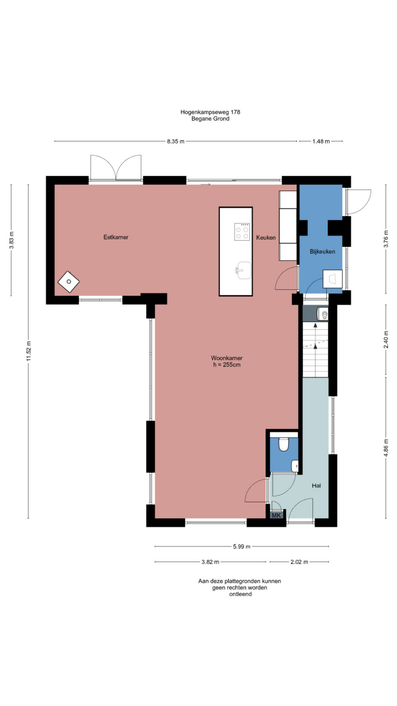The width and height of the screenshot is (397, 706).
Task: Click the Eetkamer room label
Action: coord(116,237)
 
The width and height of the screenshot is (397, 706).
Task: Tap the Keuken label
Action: coord(266,237)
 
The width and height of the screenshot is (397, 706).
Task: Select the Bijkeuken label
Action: coord(323,251)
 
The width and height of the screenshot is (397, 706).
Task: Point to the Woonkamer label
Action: coord(227,358)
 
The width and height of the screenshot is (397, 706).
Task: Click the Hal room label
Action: coord(316,485)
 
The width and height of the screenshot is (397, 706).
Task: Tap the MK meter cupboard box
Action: coord(276,515)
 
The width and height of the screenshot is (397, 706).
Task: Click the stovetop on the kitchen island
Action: coord(242,232)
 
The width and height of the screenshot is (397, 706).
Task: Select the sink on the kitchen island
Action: coord(243,270)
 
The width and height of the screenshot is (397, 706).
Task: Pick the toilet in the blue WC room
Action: coord(284,445)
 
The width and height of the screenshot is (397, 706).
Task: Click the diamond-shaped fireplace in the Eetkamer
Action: coord(69,282)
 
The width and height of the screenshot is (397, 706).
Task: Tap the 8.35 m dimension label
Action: coord(176,141)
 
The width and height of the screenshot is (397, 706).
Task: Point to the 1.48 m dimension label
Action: coord(321,141)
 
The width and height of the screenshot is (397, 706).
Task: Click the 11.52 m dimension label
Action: coord(28,351)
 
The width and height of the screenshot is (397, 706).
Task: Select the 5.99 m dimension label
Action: coord(242,546)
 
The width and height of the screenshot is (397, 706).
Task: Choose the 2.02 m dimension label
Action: coord(299,562)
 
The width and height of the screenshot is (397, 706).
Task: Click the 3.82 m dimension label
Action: coord(210,562)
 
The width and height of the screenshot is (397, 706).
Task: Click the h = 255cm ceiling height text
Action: coord(227,365)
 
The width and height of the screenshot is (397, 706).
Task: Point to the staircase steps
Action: coord(316,350)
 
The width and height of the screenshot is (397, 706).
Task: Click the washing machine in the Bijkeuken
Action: coord(333,279)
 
